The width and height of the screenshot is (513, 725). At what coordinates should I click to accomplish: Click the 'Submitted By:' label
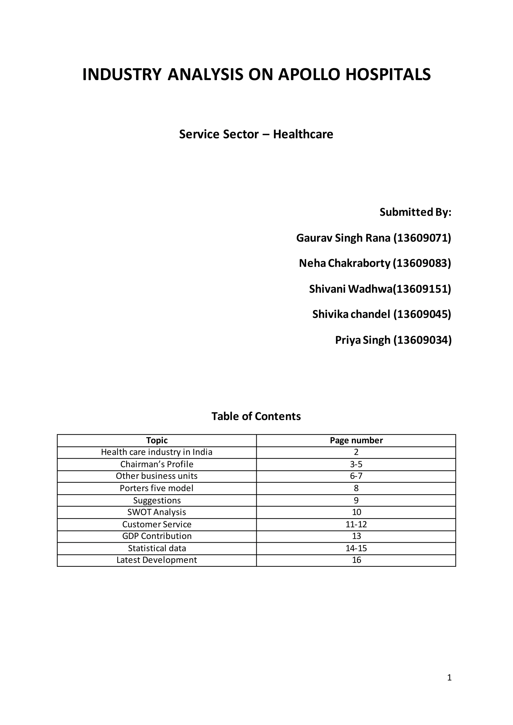pos(415,212)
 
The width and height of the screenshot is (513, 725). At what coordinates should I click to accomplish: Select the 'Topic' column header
pos(157,440)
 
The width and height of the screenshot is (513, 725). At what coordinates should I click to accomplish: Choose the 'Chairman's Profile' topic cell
pos(157,464)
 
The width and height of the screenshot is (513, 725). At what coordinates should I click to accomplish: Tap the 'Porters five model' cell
pos(157,488)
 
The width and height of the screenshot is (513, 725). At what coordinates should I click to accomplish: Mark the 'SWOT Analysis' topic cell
pos(157,512)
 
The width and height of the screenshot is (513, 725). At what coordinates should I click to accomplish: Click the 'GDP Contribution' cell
pos(157,536)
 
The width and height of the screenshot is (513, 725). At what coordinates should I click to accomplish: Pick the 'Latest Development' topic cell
pos(157,560)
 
